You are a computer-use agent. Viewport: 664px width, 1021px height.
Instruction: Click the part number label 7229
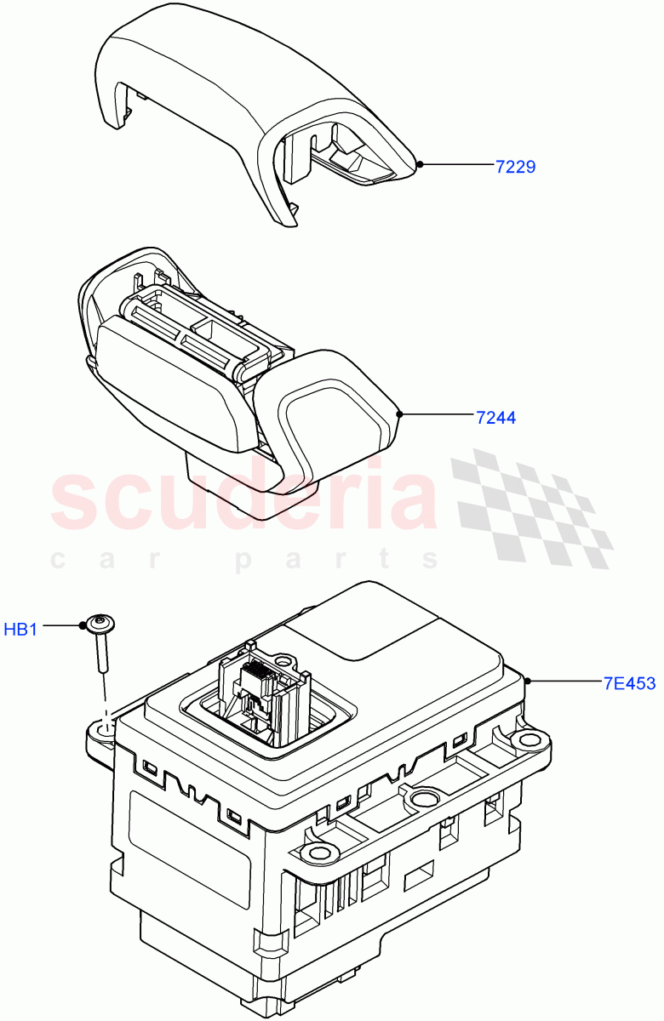pos(515,167)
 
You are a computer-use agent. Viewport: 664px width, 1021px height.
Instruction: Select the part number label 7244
pos(495,417)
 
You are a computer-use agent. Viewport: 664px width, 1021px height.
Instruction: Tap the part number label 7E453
pos(629,682)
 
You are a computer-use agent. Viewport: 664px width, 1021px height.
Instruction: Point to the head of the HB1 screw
pos(101,625)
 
